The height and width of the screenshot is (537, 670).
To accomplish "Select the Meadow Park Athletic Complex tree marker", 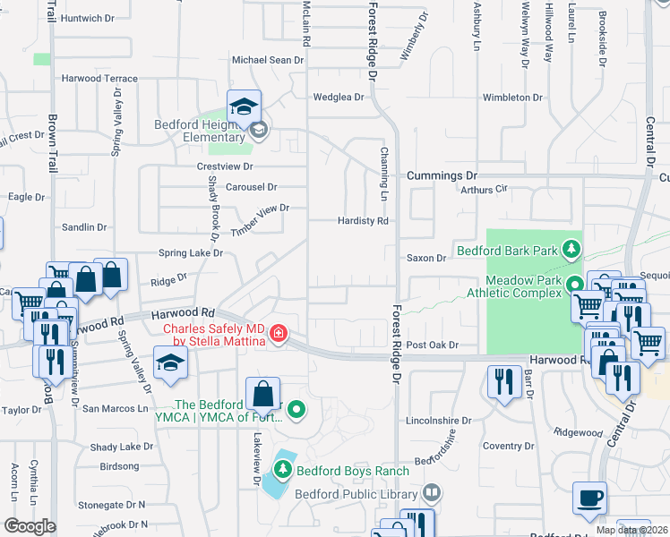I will tap(573, 285).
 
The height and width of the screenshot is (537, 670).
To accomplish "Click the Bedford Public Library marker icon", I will tap(432, 492).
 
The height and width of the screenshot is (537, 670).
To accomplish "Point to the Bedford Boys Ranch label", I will tap(354, 471).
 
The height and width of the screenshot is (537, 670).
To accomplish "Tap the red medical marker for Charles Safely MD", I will tap(279, 334).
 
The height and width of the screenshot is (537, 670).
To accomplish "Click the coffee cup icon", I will tap(589, 499).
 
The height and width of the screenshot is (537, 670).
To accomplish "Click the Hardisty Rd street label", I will tap(362, 220).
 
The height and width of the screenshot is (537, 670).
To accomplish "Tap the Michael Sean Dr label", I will tap(269, 60).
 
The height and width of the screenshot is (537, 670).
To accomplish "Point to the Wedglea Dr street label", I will tap(338, 97).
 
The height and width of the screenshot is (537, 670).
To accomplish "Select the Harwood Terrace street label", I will tap(99, 79).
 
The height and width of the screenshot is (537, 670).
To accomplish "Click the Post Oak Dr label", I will tap(432, 345).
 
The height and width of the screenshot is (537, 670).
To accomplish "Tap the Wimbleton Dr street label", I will tap(512, 97).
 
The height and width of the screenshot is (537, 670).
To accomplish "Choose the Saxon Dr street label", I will tap(426, 258).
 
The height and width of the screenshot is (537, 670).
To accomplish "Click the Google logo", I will tap(29, 527).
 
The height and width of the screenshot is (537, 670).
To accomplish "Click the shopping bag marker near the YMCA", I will tap(262, 393).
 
